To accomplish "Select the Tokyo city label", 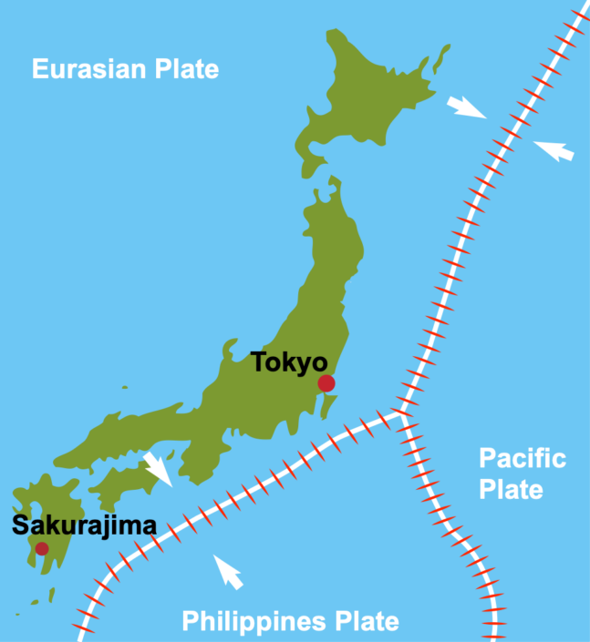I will (x=289, y=362).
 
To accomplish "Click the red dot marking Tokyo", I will (x=326, y=382).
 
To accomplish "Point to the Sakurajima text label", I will (x=84, y=525).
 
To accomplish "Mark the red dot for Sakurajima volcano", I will (x=42, y=548).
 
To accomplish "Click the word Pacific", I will (x=522, y=458).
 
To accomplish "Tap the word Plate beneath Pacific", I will (x=512, y=489).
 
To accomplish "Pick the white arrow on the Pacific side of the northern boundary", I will (x=554, y=149).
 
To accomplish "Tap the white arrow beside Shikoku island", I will (x=159, y=468).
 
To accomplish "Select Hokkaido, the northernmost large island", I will (x=365, y=100).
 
